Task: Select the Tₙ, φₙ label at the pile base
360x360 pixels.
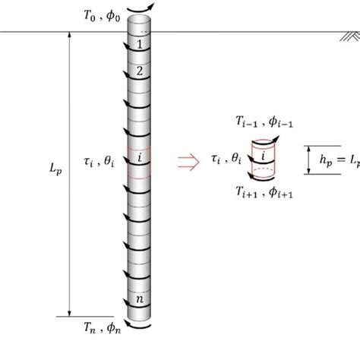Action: (100, 328)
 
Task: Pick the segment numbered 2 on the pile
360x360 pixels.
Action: (139, 72)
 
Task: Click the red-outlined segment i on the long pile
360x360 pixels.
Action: (139, 159)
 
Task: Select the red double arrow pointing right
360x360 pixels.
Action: (185, 159)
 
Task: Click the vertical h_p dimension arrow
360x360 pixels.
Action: (309, 159)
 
